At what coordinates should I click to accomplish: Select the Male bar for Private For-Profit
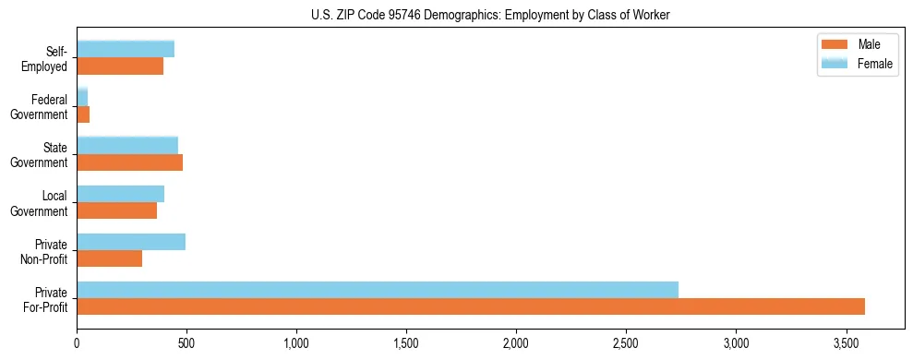471,306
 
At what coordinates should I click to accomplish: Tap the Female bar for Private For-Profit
378,290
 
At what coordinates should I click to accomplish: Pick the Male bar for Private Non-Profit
109,258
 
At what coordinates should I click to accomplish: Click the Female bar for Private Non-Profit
131,242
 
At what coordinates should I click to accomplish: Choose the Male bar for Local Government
116,210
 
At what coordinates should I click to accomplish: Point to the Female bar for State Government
127,145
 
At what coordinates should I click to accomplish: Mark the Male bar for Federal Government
83,114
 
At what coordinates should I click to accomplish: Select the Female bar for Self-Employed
126,49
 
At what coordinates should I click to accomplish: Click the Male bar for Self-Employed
120,66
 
